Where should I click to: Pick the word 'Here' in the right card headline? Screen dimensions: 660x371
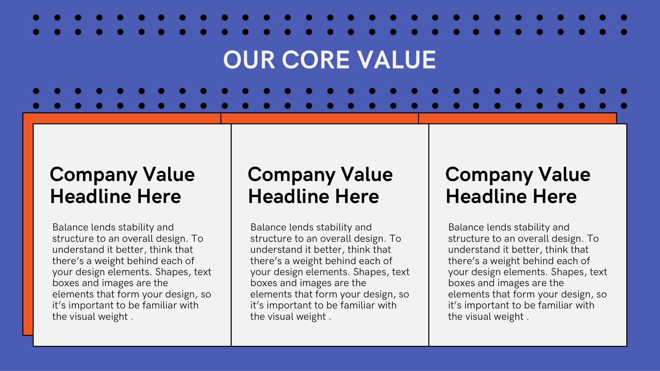pyautogui.click(x=554, y=196)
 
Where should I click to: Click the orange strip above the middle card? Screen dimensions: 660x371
pyautogui.click(x=320, y=118)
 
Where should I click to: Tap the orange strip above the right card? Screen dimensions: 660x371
pyautogui.click(x=517, y=118)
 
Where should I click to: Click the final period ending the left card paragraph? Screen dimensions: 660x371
pyautogui.click(x=132, y=319)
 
